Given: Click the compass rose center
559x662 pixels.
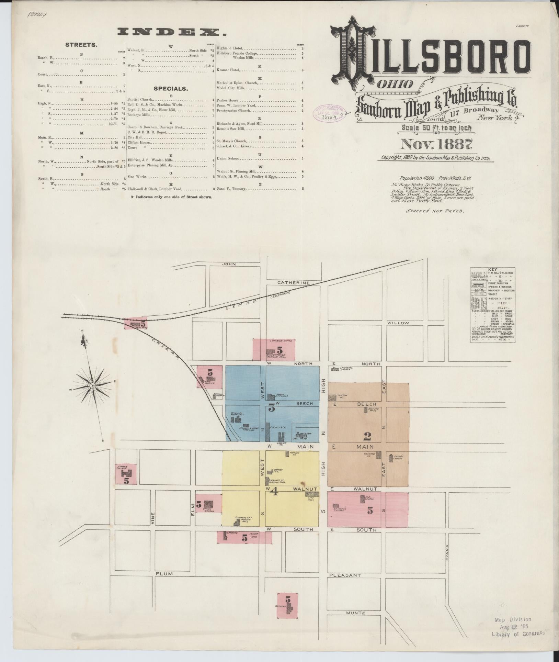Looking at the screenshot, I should pos(92,386).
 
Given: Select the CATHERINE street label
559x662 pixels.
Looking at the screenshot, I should pos(294,283).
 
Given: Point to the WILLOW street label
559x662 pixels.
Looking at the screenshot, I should pos(398,323).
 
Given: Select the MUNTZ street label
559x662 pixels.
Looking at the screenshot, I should pos(355,613).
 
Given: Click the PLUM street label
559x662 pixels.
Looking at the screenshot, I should pos(163,574).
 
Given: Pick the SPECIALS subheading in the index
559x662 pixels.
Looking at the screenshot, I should pos(171,89).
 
